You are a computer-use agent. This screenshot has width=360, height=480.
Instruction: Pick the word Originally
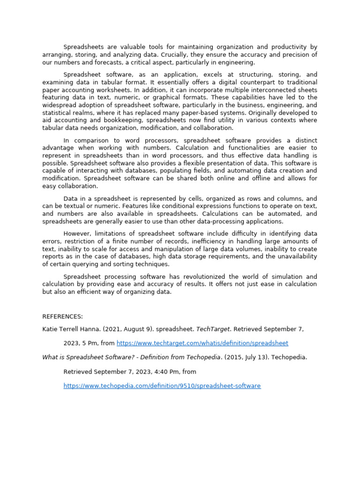(x=286, y=112)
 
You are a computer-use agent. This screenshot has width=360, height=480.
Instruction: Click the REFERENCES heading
(x=62, y=316)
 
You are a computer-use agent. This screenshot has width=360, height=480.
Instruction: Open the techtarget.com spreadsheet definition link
(x=202, y=343)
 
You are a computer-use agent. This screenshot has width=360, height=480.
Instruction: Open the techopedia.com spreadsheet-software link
(x=162, y=386)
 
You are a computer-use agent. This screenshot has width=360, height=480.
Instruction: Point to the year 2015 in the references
(x=234, y=357)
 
